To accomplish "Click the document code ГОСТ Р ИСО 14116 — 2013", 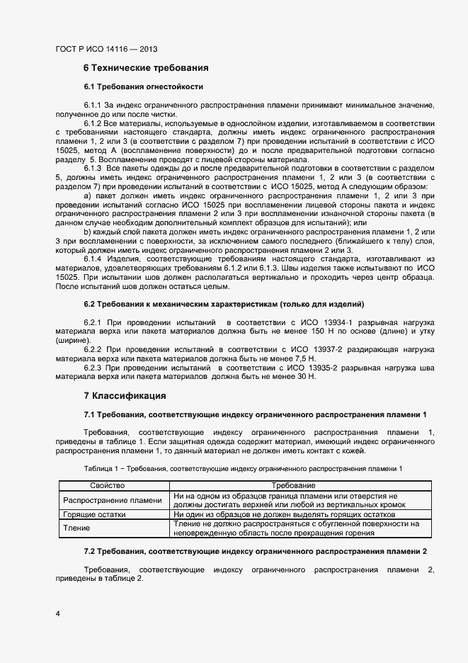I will point(105,50).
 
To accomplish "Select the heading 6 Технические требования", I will point(146,69).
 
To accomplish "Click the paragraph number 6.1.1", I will point(94,105).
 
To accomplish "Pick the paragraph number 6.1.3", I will point(94,169).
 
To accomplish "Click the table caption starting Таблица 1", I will point(243,469).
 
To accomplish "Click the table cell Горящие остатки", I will point(94,515).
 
